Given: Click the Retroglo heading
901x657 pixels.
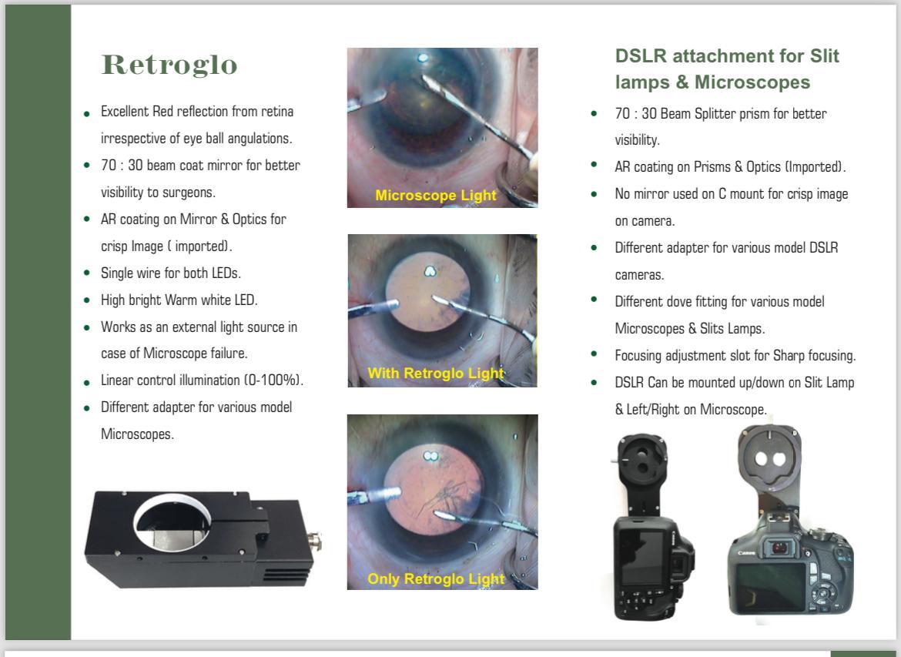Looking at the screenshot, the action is pyautogui.click(x=169, y=65).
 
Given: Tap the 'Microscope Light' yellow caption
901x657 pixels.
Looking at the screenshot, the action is pyautogui.click(x=436, y=196).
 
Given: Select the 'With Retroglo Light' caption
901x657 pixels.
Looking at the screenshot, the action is pyautogui.click(x=436, y=373).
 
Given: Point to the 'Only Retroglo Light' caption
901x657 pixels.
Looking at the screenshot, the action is pyautogui.click(x=436, y=579).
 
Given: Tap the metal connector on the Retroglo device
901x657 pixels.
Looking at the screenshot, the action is pyautogui.click(x=316, y=541).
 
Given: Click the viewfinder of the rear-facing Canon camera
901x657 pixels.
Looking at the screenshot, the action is pyautogui.click(x=780, y=548).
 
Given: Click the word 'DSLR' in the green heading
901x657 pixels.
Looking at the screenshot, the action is pyautogui.click(x=641, y=55).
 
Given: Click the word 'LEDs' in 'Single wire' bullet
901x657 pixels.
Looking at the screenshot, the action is pyautogui.click(x=225, y=273).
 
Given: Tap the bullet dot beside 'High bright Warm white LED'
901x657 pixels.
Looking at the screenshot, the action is pyautogui.click(x=87, y=300).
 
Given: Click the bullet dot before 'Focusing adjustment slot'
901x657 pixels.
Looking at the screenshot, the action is pyautogui.click(x=595, y=354).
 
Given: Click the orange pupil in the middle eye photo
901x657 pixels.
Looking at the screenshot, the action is pyautogui.click(x=427, y=293).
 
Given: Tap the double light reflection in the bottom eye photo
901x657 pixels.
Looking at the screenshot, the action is pyautogui.click(x=430, y=456).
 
